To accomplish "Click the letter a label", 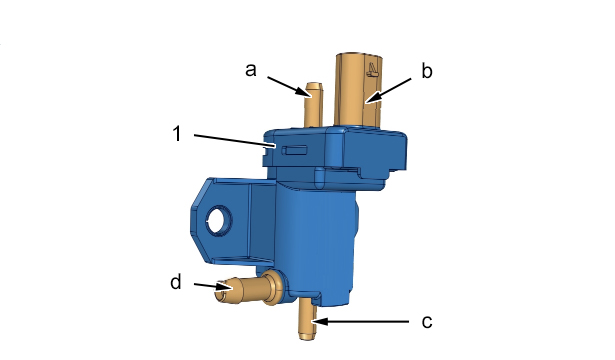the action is tap(251, 70).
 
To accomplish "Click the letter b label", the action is tap(427, 71).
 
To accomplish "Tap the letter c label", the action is tap(427, 322).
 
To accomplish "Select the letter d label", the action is tap(176, 282).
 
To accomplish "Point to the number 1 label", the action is tap(177, 133).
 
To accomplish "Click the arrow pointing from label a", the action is tap(290, 87).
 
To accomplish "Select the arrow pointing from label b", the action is tap(388, 91).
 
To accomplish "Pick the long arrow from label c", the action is tap(360, 322).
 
